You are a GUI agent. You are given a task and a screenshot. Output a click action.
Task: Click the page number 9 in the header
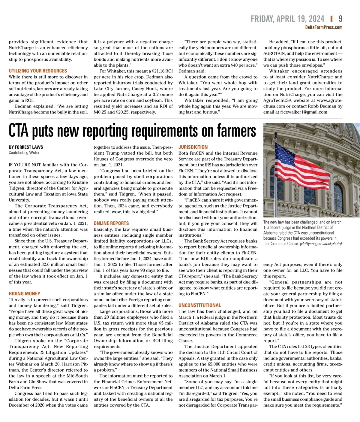pos(340,19)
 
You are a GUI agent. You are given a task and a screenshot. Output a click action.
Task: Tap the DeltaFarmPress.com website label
pos(323,27)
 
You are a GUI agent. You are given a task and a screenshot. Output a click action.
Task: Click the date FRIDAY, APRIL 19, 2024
pos(287,19)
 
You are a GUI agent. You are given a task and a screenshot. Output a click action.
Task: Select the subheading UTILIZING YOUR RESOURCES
pos(38,71)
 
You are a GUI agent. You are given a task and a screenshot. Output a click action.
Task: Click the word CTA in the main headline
pos(18,131)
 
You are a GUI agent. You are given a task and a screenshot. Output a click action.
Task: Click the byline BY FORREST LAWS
pos(26,147)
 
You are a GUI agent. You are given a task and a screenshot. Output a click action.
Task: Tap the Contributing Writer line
pos(24,153)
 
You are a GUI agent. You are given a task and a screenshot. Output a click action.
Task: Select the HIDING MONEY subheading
pos(24,293)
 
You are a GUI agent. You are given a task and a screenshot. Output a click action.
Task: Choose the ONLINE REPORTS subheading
pos(111,223)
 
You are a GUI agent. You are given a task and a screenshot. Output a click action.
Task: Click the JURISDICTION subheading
pos(193,147)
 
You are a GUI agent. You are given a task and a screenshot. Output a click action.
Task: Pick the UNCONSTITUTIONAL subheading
pos(199,305)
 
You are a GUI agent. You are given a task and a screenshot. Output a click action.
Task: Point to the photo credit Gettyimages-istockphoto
pos(321,244)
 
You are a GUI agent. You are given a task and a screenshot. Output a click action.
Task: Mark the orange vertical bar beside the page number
pos(331,19)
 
